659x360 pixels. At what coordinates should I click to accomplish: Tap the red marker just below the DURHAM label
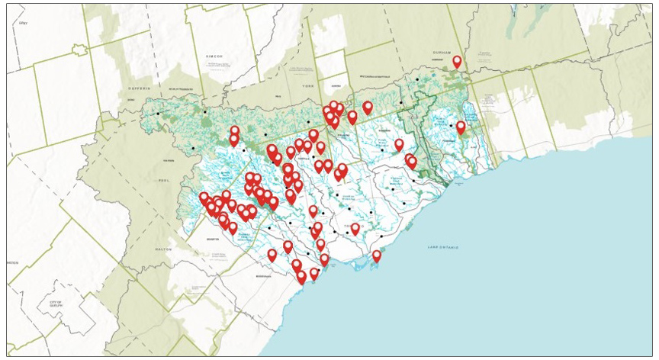pos(458,62)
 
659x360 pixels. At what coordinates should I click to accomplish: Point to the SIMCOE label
pos(214,56)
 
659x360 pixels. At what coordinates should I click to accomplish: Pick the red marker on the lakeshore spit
pos(377,256)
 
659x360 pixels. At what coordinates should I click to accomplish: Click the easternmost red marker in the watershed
pos(461,127)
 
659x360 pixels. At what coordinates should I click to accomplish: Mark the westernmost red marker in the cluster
pos(204,198)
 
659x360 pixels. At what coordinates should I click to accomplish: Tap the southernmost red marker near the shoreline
pos(302,277)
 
